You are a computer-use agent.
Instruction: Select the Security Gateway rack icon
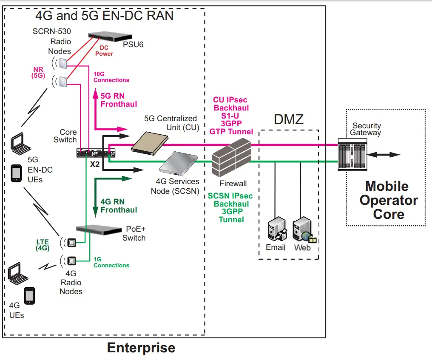pyautogui.click(x=352, y=155)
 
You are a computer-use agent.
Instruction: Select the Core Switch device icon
pyautogui.click(x=91, y=152)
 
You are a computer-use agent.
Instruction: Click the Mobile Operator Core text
pyautogui.click(x=386, y=200)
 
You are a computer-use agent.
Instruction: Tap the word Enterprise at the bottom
pyautogui.click(x=141, y=348)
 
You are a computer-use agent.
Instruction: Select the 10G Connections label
pyautogui.click(x=111, y=77)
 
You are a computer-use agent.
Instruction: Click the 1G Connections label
pyautogui.click(x=111, y=262)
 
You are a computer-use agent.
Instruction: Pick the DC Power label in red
pyautogui.click(x=104, y=51)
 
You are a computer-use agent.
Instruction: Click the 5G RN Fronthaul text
pyautogui.click(x=119, y=100)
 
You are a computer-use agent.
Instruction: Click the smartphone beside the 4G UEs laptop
pyautogui.click(x=29, y=295)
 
